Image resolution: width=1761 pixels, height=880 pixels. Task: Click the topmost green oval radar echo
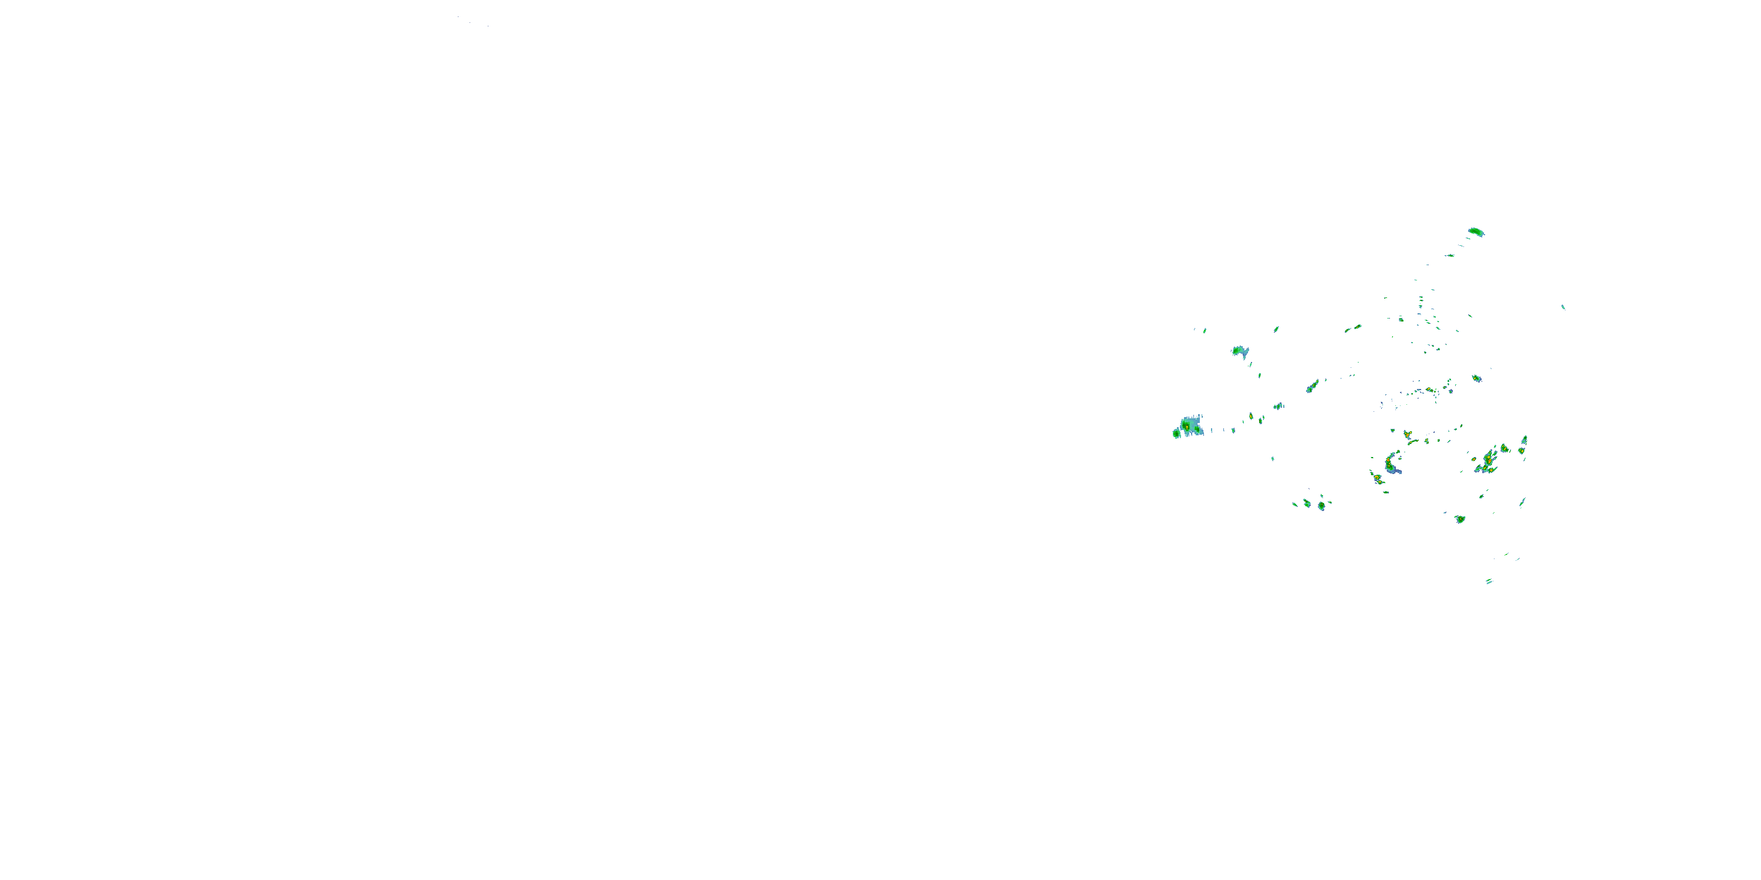1476,232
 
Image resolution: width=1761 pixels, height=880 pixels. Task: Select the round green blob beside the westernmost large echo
1176,433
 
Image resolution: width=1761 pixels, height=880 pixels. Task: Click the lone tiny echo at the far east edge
1563,307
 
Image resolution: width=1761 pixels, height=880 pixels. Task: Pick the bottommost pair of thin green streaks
1489,581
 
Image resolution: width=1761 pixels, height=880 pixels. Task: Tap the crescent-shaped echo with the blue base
1391,465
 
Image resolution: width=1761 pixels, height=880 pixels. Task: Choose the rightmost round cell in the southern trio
1321,506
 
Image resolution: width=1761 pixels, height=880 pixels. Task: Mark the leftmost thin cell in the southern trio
1295,504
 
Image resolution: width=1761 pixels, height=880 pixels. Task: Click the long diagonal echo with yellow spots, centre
1313,386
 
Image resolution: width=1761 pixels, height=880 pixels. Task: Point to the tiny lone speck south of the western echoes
1272,458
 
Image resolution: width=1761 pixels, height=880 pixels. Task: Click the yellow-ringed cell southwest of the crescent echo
1377,478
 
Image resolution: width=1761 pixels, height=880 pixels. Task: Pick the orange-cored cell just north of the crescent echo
1407,435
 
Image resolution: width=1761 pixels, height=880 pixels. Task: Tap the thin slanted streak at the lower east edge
1522,503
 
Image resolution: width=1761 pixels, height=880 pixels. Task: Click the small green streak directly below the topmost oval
1449,256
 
